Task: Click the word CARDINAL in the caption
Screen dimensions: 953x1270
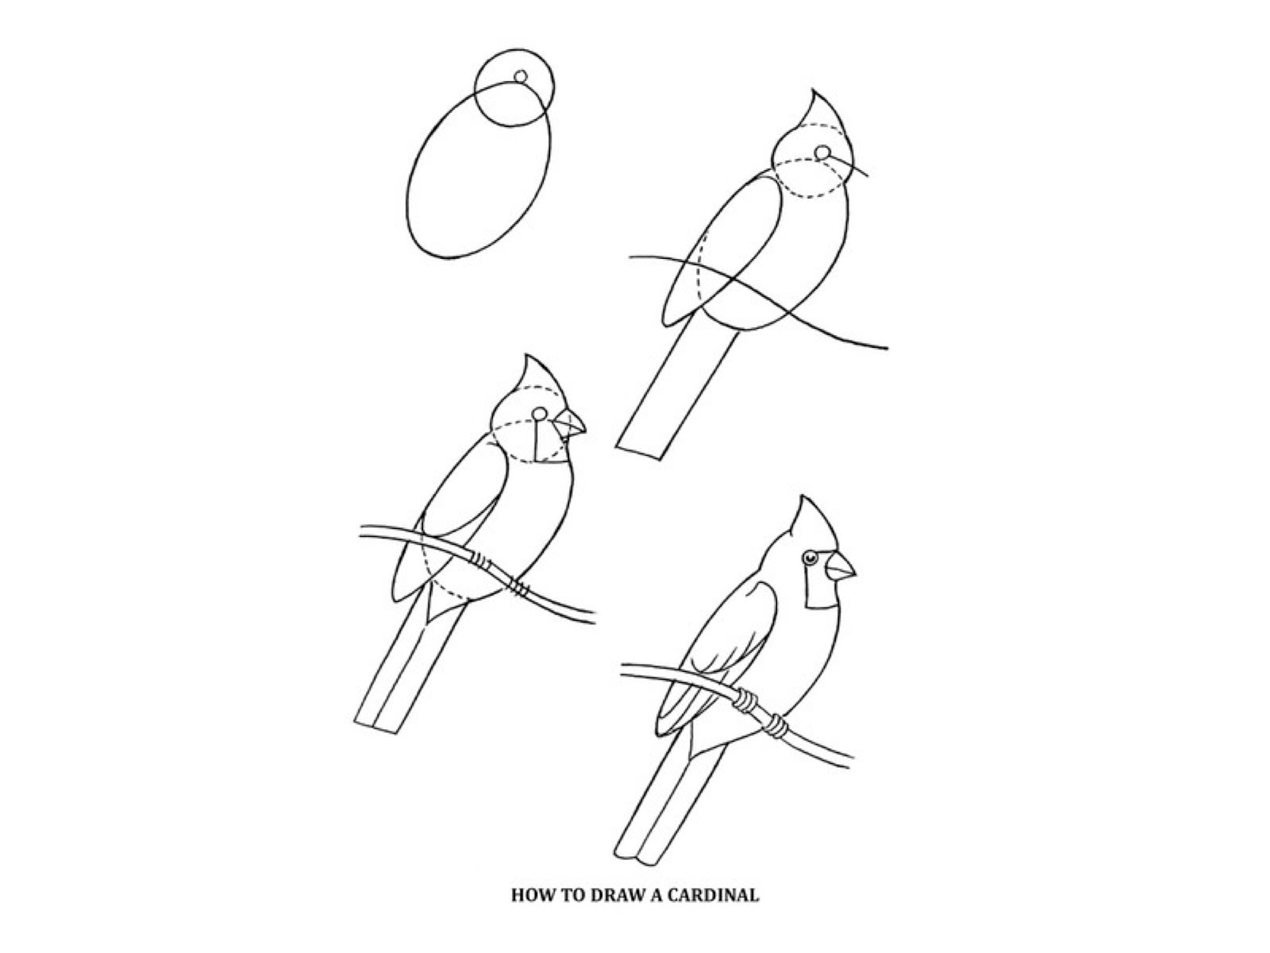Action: click(712, 895)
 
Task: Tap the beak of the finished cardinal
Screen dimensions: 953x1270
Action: click(840, 567)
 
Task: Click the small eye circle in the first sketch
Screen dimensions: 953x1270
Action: click(521, 76)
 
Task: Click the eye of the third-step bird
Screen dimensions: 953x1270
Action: click(540, 414)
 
